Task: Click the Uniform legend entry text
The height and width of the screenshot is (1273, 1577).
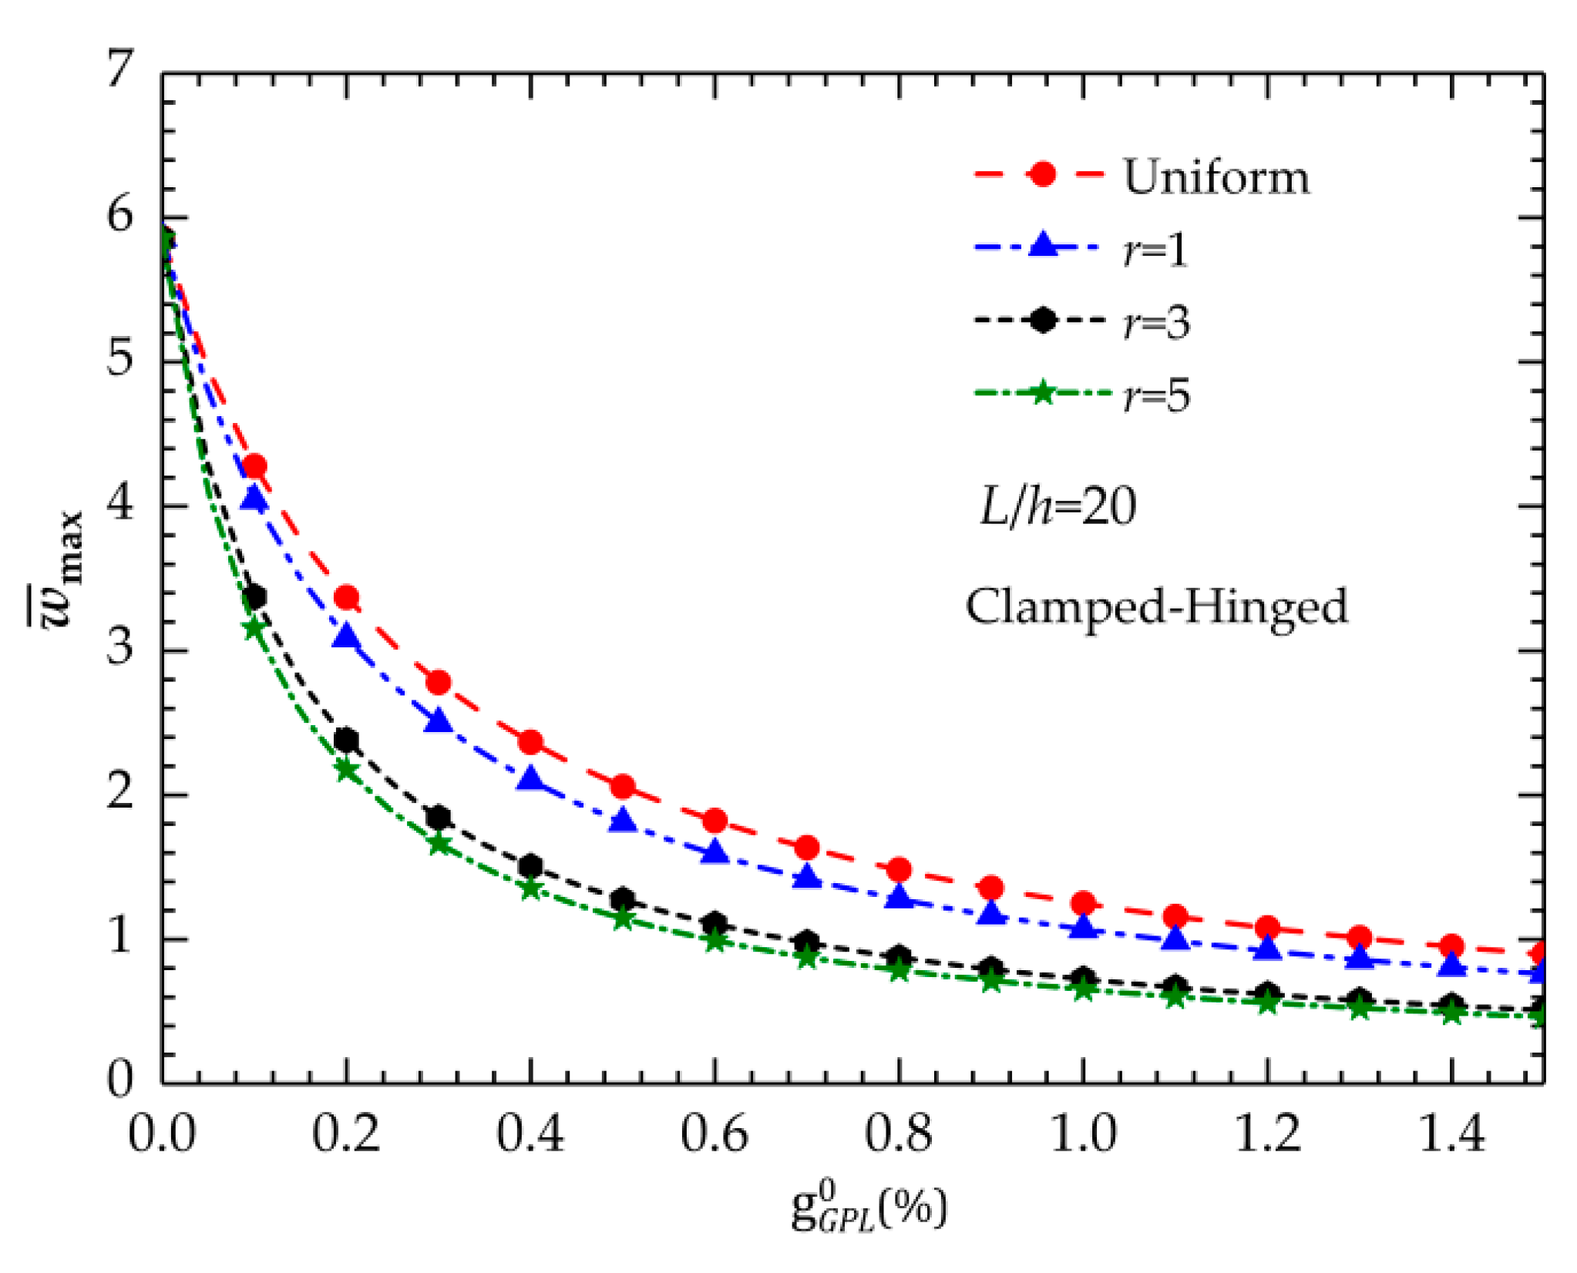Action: (1216, 176)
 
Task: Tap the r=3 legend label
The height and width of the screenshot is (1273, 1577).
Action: (1156, 321)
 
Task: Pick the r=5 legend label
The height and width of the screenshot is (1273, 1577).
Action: (1156, 395)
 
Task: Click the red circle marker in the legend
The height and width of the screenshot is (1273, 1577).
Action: (1042, 174)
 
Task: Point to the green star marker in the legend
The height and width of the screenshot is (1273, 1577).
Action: (1042, 393)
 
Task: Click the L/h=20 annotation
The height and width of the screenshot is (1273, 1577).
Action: (1057, 506)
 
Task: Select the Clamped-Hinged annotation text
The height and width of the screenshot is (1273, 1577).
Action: (1156, 606)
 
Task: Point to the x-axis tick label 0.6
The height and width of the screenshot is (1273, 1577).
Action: (714, 1134)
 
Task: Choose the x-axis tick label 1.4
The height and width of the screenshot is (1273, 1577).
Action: (1451, 1134)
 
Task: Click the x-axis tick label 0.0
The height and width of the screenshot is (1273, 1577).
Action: (162, 1134)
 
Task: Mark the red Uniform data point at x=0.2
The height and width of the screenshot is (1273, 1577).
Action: (347, 597)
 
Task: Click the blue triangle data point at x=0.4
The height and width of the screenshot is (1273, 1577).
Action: (530, 779)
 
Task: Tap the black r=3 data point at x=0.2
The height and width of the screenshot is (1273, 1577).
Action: (346, 741)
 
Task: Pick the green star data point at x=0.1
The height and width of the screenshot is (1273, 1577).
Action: (254, 627)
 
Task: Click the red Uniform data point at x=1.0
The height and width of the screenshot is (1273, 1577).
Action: (1083, 902)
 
